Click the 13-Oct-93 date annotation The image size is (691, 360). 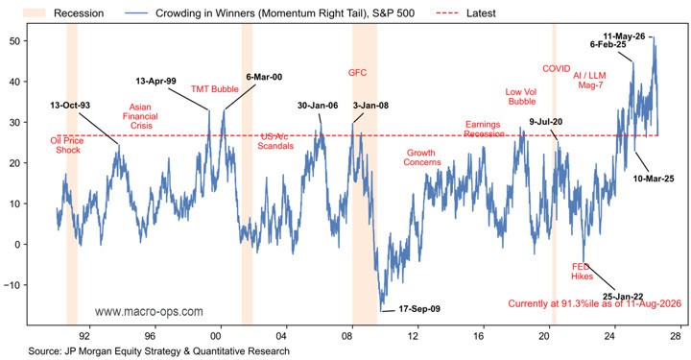(x=70, y=106)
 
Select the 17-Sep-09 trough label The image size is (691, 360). (x=419, y=309)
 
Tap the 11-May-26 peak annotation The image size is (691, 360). (x=624, y=36)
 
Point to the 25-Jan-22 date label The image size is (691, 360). (x=623, y=297)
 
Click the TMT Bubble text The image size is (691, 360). (x=215, y=89)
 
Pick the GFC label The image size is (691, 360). (x=357, y=72)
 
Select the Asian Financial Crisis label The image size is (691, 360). (x=140, y=116)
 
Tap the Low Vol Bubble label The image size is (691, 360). (x=521, y=97)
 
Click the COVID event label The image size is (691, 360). (x=556, y=69)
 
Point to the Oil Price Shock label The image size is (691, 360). (x=67, y=145)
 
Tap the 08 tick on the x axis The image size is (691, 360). (x=346, y=336)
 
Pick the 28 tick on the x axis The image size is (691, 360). (x=676, y=336)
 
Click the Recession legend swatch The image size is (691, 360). (x=35, y=12)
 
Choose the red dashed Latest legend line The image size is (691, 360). (x=447, y=13)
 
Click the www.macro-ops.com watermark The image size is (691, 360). (x=149, y=312)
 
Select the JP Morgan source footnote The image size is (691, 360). (x=159, y=351)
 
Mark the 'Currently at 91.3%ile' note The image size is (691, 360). (x=594, y=303)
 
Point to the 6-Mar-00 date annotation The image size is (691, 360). (x=264, y=77)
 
